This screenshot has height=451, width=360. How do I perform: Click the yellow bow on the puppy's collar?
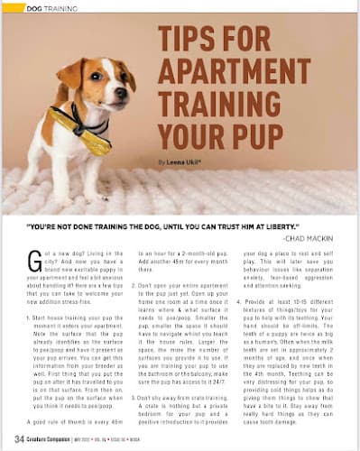click(93, 140)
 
